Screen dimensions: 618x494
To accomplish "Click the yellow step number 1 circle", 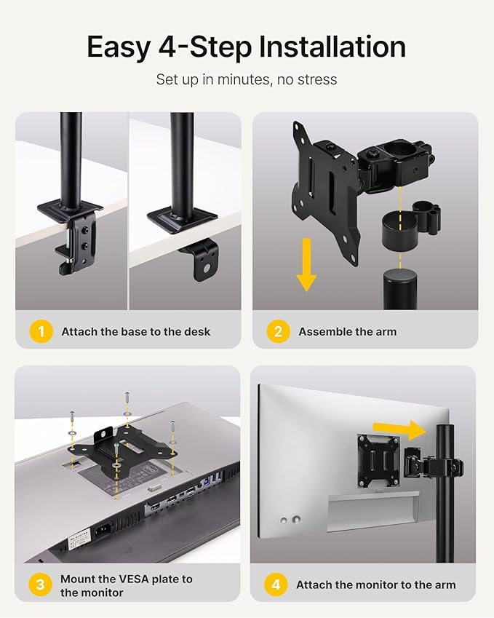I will [41, 331].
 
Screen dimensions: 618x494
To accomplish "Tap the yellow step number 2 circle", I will [278, 331].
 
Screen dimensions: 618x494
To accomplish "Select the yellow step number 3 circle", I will [41, 585].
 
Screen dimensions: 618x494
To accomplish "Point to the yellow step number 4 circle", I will [276, 585].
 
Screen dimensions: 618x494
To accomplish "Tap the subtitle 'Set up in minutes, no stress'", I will [247, 79].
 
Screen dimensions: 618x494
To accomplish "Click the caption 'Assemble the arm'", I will [347, 332].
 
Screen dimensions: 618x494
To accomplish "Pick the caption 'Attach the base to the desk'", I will [135, 332].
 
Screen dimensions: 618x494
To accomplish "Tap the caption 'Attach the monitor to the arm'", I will [375, 585].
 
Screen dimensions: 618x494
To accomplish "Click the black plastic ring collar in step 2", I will [398, 232].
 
